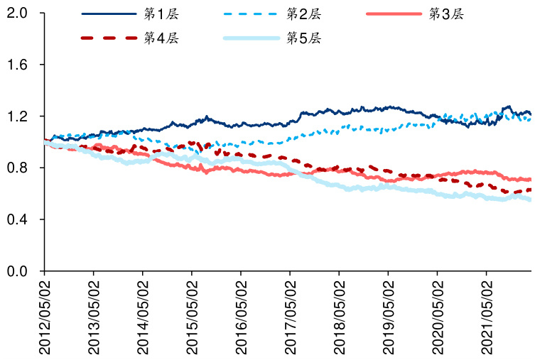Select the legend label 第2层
[x=303, y=13]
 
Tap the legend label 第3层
[x=446, y=13]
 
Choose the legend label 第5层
[x=303, y=38]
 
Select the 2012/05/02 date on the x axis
[x=44, y=316]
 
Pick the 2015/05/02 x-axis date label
[x=192, y=316]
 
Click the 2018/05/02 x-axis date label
[x=339, y=316]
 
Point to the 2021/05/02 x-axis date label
[x=487, y=316]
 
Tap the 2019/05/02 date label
[x=388, y=316]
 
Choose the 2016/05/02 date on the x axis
[x=241, y=316]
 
